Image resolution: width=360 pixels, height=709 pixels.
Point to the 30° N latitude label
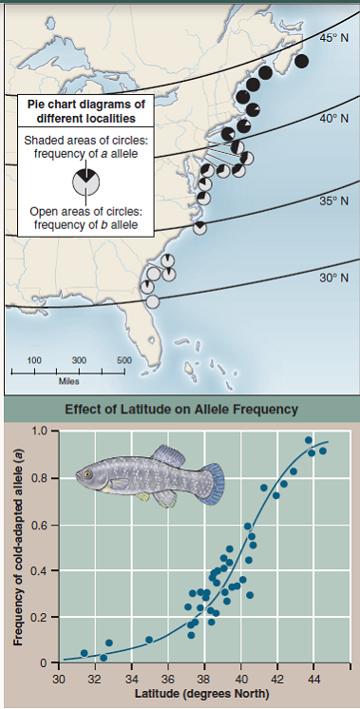335,278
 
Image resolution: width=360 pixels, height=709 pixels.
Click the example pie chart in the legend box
85,180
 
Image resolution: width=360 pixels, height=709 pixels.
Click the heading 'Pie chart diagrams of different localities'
85,111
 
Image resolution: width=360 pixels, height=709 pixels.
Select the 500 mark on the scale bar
123,360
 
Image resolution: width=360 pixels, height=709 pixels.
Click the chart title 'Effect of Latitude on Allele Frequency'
181,410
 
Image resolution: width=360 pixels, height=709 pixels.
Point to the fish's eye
87,472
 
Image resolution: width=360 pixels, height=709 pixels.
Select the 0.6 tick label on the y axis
37,526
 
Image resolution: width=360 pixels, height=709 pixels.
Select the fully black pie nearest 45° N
302,61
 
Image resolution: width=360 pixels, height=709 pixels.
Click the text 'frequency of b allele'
85,225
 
